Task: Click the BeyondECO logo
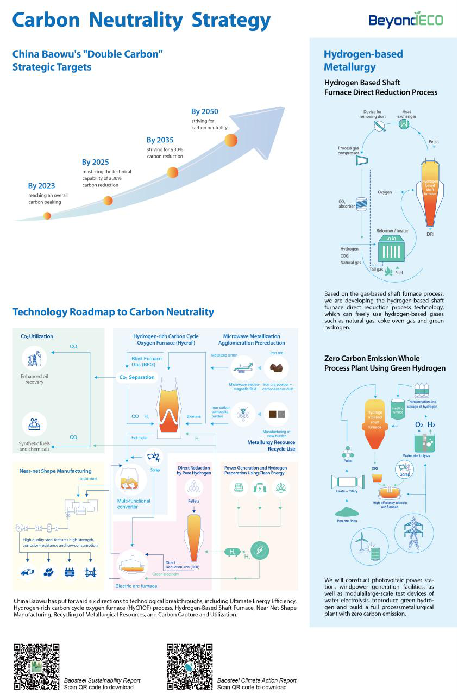[x=406, y=20]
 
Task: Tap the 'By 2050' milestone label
[x=205, y=111]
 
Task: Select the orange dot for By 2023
[x=47, y=216]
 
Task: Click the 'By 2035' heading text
[x=160, y=140]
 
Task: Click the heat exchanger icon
[x=404, y=124]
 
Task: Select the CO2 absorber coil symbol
[x=361, y=204]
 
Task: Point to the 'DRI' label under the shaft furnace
[x=430, y=234]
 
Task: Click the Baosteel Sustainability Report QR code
[x=36, y=666]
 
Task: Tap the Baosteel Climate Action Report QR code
[x=189, y=666]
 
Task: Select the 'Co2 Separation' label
[x=137, y=377]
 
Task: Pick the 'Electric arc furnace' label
[x=136, y=586]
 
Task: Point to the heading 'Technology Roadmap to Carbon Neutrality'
[x=113, y=312]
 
